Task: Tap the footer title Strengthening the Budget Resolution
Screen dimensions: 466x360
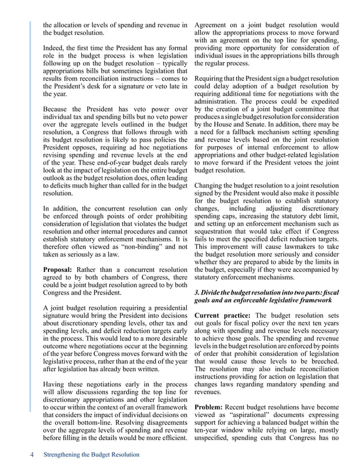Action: point(91,455)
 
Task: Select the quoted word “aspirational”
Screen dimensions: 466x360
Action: point(245,416)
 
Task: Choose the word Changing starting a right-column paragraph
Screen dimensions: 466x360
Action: point(211,186)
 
